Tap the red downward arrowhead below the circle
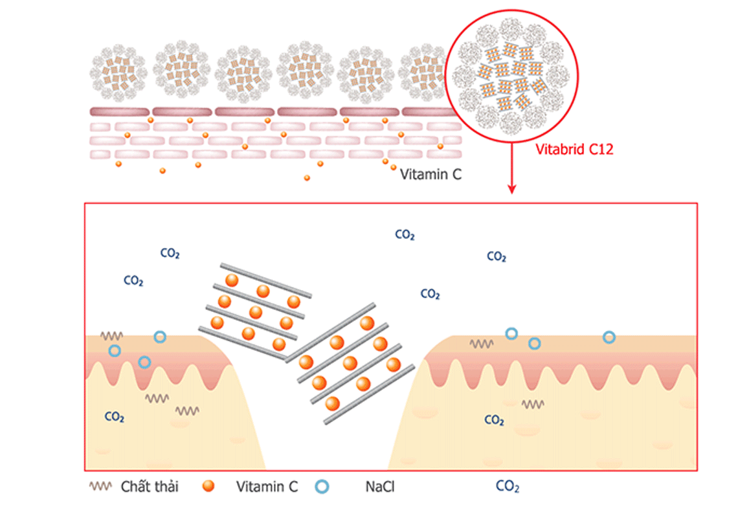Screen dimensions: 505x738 click(x=511, y=189)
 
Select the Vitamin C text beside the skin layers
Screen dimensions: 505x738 click(x=430, y=174)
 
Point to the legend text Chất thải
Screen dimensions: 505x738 click(x=150, y=486)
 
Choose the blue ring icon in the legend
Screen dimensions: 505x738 click(x=322, y=486)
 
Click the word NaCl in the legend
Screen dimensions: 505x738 click(x=381, y=486)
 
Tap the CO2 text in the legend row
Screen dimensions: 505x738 click(x=507, y=487)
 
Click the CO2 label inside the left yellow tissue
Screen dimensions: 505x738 click(x=115, y=416)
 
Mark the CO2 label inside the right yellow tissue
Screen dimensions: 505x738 click(x=494, y=421)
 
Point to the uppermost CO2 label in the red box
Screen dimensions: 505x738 click(x=405, y=235)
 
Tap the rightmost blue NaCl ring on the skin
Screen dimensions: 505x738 click(x=609, y=337)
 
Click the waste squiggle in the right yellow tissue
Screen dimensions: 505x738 click(x=533, y=404)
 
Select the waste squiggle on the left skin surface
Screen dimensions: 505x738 click(x=111, y=337)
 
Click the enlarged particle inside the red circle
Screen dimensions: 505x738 click(x=511, y=78)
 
